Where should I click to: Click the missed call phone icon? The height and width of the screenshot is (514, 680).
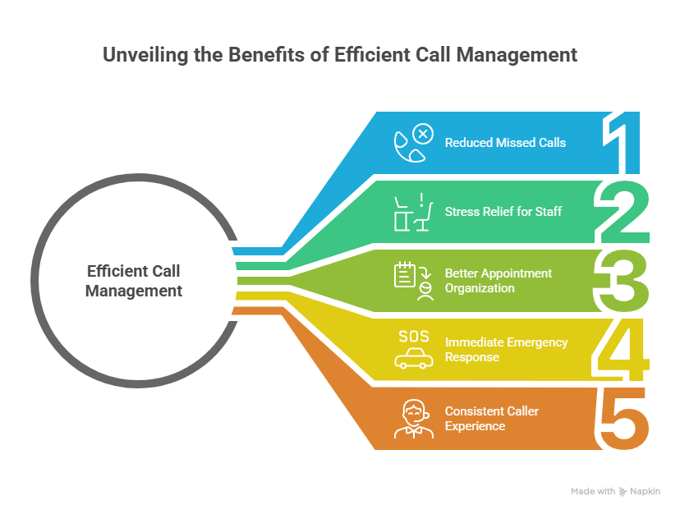[411, 143]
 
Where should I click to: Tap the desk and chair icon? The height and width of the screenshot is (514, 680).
[411, 212]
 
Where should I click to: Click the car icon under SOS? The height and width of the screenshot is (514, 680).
[413, 359]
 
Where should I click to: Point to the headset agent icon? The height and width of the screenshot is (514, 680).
[412, 418]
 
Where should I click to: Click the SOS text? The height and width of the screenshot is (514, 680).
[413, 336]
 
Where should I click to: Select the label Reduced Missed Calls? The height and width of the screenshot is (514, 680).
[505, 142]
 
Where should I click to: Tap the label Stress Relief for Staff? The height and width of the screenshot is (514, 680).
[503, 212]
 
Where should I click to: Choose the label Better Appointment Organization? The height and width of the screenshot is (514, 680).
[499, 280]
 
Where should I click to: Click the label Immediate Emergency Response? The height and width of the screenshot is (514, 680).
[506, 349]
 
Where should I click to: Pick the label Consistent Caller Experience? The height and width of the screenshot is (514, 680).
[491, 418]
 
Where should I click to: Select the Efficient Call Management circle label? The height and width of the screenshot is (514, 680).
[134, 280]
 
